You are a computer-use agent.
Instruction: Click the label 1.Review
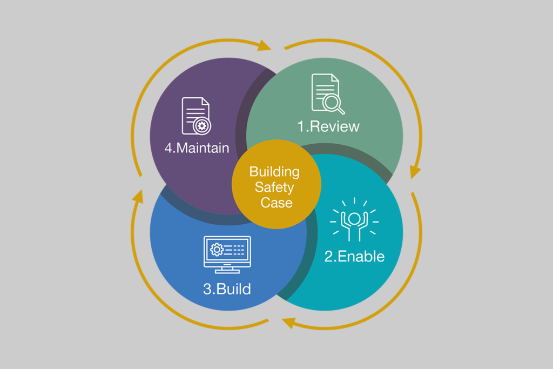tap(328, 126)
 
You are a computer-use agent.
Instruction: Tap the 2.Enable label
tap(354, 256)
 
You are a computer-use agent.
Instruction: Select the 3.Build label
tap(227, 289)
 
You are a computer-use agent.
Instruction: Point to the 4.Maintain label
tap(197, 147)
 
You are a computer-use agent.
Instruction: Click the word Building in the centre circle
tap(274, 172)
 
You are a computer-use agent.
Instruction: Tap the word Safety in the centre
tap(274, 187)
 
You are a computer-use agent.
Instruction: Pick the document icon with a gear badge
tap(196, 116)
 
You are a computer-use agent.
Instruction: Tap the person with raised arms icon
tap(354, 221)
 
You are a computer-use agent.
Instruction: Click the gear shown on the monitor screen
tap(217, 249)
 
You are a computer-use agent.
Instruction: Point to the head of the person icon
tap(354, 218)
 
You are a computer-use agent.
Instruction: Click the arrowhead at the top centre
tap(265, 45)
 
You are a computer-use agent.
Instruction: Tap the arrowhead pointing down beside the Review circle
tap(415, 172)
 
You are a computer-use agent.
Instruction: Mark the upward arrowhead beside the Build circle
tap(138, 196)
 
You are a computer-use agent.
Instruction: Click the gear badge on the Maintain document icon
tap(203, 126)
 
